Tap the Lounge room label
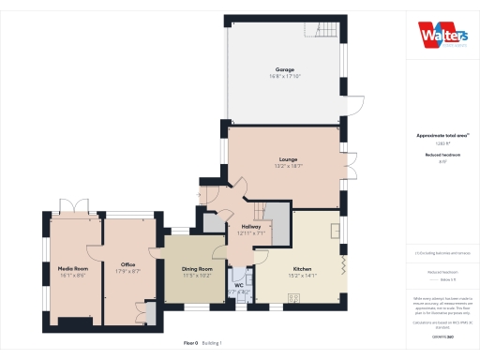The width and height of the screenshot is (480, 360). [x=288, y=159]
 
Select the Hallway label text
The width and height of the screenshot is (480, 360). [x=250, y=227]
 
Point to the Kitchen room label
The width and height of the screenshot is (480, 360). [x=301, y=267]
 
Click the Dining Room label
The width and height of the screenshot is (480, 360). [x=198, y=269]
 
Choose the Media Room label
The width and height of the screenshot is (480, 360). [x=72, y=267]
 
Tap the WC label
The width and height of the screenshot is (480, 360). [x=239, y=285]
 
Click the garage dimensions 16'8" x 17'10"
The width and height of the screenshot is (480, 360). [x=285, y=77]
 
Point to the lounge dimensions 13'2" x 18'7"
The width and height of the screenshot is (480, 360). [x=288, y=166]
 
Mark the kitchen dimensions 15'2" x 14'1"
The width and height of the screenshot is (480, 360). [x=301, y=275]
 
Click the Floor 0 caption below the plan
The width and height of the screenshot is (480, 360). [x=190, y=343]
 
